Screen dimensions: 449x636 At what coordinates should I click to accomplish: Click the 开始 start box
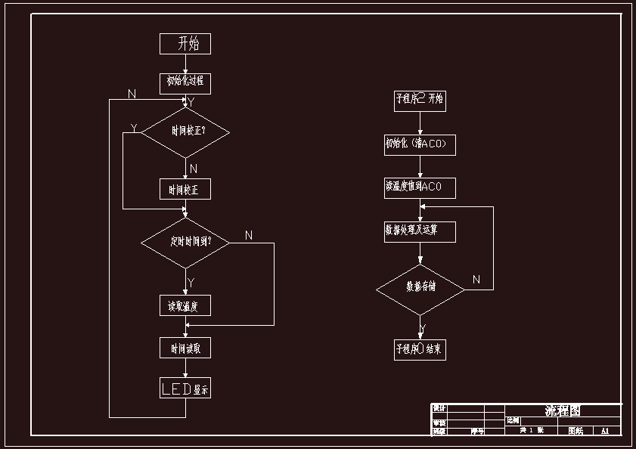(x=185, y=44)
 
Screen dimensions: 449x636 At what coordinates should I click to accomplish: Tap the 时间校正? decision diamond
(x=185, y=132)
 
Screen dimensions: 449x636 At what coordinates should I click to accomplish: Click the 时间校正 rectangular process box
(x=185, y=189)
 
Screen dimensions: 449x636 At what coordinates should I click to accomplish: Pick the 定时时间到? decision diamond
(x=185, y=243)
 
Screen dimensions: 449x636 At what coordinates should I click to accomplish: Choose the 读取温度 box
(x=185, y=305)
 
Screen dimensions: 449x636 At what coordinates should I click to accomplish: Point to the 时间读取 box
(x=185, y=348)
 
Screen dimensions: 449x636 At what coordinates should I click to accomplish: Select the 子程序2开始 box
(x=420, y=100)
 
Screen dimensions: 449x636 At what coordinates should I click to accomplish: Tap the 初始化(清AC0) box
(x=420, y=144)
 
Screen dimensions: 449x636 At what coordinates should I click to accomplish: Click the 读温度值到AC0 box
(x=420, y=187)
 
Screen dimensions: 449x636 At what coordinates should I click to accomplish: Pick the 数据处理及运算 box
(x=420, y=231)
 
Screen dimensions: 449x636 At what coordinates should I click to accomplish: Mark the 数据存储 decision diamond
(x=420, y=289)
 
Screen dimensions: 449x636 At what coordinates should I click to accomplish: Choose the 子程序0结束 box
(x=420, y=349)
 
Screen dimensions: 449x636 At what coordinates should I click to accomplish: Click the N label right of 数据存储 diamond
(x=476, y=280)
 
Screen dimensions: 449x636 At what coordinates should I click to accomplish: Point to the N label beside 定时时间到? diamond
(x=249, y=236)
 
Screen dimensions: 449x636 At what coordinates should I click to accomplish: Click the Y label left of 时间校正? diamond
(x=135, y=129)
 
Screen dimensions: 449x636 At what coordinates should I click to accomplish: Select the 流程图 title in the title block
(x=563, y=410)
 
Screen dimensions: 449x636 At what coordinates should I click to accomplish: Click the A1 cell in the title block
(x=605, y=431)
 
